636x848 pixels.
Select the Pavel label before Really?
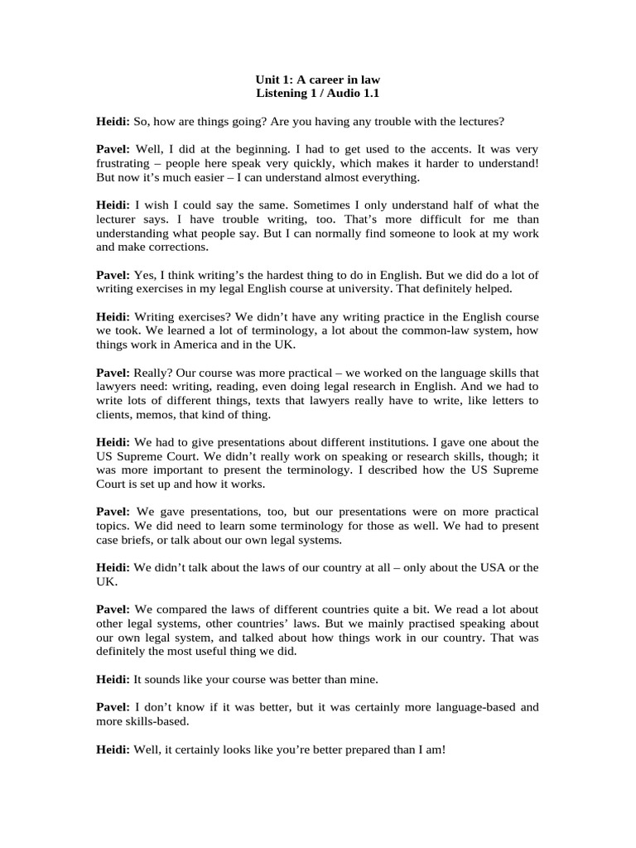coord(113,373)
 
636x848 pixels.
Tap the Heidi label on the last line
coord(113,749)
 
